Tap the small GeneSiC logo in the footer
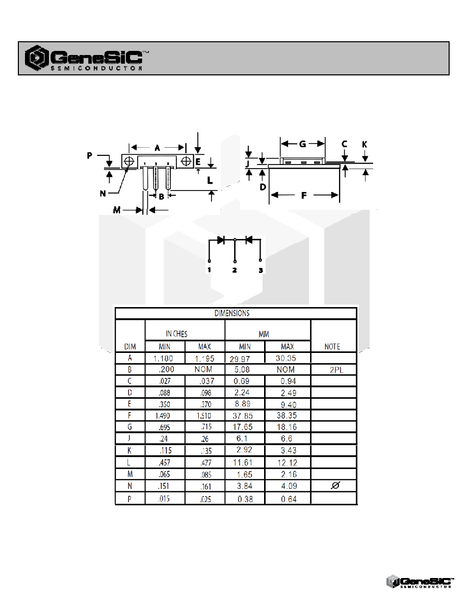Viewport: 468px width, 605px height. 420,582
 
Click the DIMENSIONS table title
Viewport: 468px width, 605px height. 232,313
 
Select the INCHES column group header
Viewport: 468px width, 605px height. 176,334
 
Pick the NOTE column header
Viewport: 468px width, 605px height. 332,346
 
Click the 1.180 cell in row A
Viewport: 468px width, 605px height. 163,359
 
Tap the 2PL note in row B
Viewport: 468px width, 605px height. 336,370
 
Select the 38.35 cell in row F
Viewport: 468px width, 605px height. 287,415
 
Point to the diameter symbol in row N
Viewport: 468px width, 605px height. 335,485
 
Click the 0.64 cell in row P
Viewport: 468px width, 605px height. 289,499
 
